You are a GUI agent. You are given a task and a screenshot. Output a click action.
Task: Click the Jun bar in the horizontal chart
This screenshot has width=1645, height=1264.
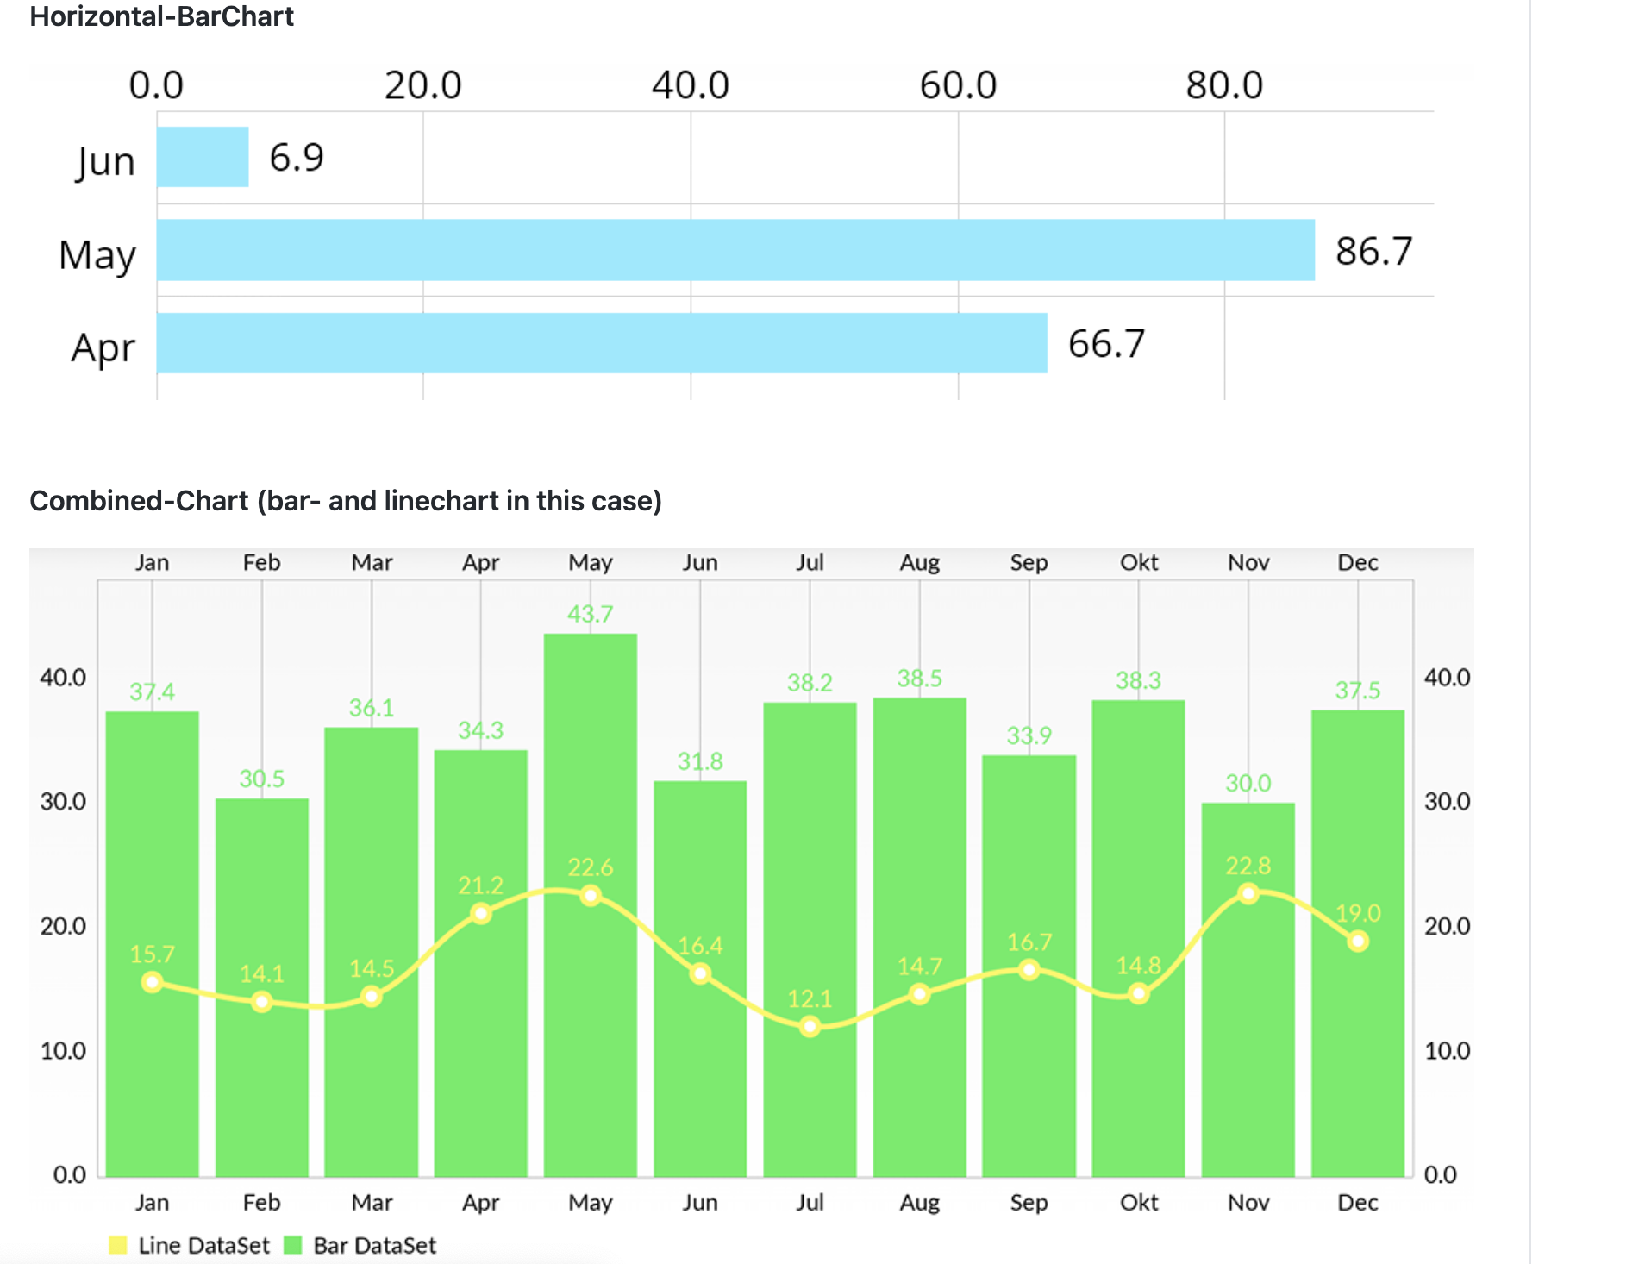(x=203, y=157)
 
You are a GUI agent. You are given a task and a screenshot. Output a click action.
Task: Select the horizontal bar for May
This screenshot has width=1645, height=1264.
(x=735, y=250)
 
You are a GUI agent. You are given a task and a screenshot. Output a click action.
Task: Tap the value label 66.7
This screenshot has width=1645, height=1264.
(x=1106, y=344)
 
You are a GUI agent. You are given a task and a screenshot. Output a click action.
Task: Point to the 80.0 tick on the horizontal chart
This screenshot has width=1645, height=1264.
(x=1224, y=85)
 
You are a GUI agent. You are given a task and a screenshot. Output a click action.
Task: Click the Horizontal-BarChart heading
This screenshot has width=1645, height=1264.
(x=161, y=16)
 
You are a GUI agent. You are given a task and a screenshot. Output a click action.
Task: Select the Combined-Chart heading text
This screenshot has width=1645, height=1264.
(x=345, y=501)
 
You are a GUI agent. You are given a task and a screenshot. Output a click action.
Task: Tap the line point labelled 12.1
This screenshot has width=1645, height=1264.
(x=810, y=1026)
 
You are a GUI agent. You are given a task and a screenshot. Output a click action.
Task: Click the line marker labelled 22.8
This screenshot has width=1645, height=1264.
(x=1248, y=893)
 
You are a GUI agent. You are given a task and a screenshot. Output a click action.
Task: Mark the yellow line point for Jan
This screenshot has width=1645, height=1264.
(x=153, y=982)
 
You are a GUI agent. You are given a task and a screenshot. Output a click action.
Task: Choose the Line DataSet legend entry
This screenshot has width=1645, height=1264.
(x=190, y=1245)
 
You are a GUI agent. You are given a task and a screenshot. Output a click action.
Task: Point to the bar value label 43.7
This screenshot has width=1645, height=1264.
(x=590, y=614)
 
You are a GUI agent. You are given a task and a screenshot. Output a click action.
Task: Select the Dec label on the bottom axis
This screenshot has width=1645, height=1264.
(x=1357, y=1202)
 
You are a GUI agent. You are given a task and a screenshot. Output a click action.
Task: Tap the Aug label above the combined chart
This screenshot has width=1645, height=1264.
(x=919, y=562)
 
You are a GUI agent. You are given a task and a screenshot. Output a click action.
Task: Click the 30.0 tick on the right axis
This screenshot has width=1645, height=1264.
(x=1447, y=801)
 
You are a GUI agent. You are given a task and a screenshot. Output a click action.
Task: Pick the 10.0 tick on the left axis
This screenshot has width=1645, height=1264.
(x=63, y=1050)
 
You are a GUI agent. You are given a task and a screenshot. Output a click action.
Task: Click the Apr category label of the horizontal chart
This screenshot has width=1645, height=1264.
(x=103, y=348)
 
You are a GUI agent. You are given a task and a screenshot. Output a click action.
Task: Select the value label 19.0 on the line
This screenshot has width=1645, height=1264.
(x=1358, y=913)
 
